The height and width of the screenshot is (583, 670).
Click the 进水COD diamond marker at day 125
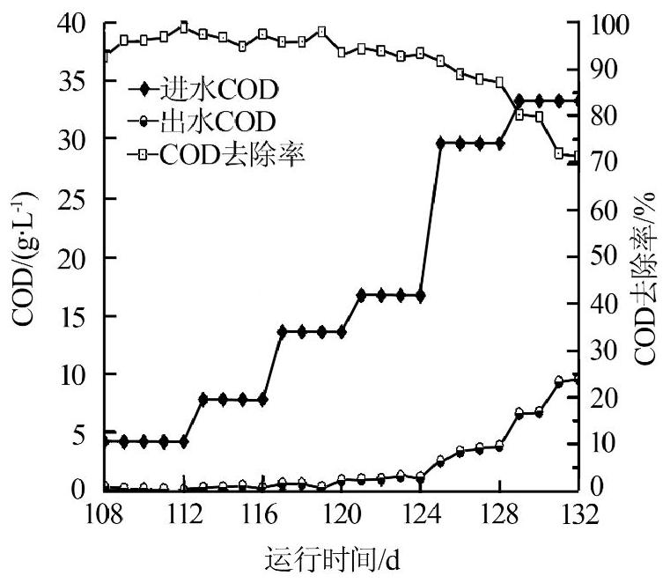440,142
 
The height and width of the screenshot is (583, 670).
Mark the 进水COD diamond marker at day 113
203,399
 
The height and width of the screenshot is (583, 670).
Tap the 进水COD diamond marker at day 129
519,101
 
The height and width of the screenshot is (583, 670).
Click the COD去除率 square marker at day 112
184,27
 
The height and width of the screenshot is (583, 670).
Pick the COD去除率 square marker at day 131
559,153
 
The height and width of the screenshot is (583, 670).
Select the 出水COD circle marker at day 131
559,381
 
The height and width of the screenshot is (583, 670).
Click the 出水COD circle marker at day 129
519,413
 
